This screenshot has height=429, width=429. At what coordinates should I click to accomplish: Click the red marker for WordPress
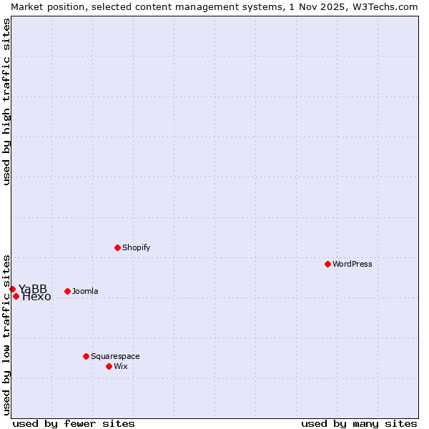point(327,264)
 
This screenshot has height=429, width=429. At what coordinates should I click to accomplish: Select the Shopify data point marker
point(117,247)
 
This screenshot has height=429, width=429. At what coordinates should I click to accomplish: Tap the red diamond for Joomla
point(67,291)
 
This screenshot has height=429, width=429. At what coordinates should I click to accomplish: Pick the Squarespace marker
point(86,356)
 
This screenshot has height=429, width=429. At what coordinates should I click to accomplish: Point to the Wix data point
point(109,366)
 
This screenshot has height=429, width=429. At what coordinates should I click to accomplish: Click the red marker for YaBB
point(12,289)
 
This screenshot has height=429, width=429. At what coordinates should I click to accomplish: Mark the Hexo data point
point(16,296)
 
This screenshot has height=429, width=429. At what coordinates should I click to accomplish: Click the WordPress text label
point(352,264)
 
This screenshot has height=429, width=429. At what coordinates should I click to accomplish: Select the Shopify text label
point(136,247)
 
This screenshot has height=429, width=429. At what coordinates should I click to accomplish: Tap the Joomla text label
point(85,291)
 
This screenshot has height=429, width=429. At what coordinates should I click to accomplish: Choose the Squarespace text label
point(115,356)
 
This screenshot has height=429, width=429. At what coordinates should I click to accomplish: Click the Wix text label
point(121,366)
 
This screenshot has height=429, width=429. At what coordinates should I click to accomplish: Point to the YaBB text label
point(33,289)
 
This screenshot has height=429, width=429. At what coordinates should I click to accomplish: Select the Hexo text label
point(36,297)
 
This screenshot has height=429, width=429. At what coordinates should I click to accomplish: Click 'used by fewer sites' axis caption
point(74,423)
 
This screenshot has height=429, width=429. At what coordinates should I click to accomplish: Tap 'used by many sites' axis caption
point(359,423)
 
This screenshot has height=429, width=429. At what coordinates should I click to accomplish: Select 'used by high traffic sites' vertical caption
point(7,102)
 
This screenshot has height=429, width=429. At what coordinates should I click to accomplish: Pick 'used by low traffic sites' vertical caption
point(7,334)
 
